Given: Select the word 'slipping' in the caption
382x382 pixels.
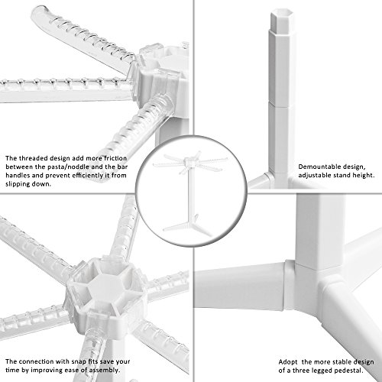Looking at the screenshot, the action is [16, 184].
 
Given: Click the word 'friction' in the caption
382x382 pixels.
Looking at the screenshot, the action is [115, 158].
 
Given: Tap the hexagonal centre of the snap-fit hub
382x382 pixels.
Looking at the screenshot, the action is [104, 284].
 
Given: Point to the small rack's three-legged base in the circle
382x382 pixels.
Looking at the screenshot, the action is [189, 227].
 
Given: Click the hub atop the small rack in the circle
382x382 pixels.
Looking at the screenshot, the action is [190, 162].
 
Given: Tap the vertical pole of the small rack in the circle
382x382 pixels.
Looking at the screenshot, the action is [190, 193].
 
